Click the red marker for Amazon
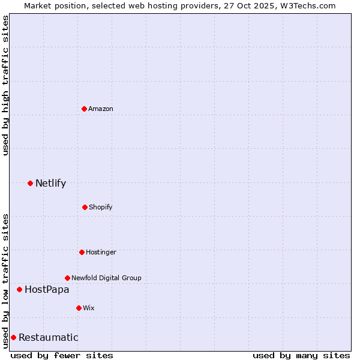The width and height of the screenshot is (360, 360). [84, 109]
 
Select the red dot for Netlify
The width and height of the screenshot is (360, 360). [30, 183]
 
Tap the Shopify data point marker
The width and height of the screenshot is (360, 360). [85, 207]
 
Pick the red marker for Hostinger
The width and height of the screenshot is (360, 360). [82, 252]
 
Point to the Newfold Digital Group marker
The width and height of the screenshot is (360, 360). [67, 278]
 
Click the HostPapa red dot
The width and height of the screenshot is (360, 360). [19, 289]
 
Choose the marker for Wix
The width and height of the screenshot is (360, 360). [79, 308]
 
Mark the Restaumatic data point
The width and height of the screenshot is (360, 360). [13, 337]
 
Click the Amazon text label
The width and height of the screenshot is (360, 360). [101, 109]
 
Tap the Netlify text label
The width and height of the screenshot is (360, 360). [50, 183]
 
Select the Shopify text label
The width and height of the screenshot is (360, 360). [100, 207]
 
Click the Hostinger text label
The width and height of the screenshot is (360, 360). [101, 252]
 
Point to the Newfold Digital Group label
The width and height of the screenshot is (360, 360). [106, 278]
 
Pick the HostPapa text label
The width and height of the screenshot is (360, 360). [47, 289]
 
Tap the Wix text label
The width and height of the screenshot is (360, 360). [89, 308]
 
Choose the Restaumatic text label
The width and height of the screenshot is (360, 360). [48, 337]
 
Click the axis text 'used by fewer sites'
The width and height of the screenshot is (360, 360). [62, 355]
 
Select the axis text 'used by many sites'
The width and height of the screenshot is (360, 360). [301, 355]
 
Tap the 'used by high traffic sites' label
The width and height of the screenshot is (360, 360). [5, 85]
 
